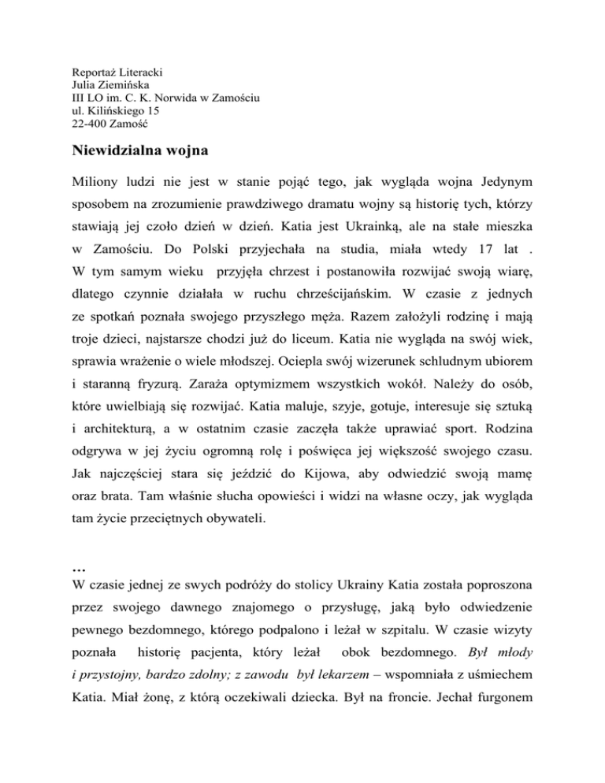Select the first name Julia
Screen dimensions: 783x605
(x=84, y=85)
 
